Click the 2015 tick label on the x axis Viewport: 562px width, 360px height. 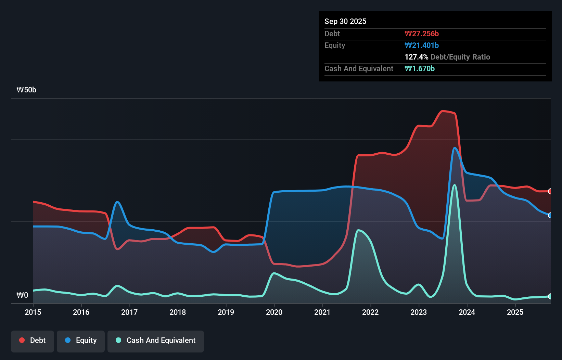[33, 312]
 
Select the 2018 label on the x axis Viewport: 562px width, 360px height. [178, 312]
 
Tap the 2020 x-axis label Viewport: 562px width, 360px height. [274, 312]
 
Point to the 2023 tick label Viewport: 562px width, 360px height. [419, 312]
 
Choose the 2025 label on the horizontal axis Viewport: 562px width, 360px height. [515, 312]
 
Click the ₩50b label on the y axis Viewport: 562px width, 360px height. [26, 90]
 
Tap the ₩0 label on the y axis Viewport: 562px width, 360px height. [22, 295]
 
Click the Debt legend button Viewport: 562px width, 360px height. [33, 340]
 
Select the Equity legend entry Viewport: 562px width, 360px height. [81, 340]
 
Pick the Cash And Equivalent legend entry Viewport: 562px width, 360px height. [156, 340]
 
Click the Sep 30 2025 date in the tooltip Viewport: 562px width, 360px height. [345, 21]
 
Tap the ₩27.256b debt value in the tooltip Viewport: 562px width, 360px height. [421, 34]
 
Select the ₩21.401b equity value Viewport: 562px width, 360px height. [421, 45]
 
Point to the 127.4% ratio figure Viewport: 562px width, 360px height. [416, 57]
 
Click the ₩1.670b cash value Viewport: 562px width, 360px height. [419, 68]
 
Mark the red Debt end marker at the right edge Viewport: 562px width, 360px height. [550, 191]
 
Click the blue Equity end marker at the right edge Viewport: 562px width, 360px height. [550, 215]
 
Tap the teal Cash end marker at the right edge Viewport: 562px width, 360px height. [550, 296]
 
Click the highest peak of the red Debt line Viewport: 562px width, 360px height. [443, 111]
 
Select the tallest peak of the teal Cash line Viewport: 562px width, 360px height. [455, 185]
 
